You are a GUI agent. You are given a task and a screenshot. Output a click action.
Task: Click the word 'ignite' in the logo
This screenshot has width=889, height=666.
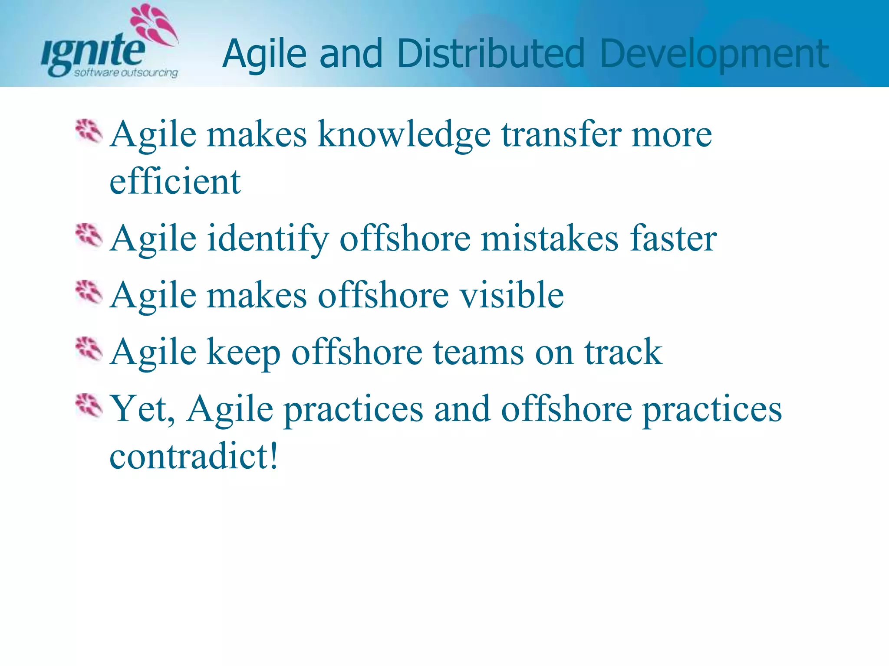[x=93, y=54]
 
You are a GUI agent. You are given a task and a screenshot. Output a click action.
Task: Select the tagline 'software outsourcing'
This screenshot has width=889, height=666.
[x=126, y=72]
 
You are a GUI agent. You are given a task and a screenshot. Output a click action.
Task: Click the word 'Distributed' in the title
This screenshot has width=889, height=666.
[x=491, y=54]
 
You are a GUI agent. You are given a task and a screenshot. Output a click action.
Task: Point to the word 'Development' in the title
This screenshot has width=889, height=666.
[x=714, y=55]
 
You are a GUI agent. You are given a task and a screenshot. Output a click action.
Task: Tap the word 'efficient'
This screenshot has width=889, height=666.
[x=175, y=181]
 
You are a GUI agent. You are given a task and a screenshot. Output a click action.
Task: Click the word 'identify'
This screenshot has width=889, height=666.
[x=267, y=239]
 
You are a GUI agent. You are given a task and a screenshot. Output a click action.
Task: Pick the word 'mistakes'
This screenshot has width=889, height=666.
[x=550, y=238]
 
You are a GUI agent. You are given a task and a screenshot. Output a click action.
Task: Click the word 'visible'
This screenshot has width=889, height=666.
[x=512, y=295]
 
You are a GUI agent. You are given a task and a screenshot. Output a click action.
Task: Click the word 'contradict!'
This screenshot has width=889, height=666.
[x=194, y=456]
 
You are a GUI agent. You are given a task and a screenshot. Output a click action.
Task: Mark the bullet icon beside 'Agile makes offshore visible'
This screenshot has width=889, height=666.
[x=89, y=293]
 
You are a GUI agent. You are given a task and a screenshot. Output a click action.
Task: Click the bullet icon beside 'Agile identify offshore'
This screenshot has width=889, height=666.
[x=89, y=236]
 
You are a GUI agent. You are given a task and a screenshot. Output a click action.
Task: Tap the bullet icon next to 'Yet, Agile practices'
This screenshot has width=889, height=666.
[x=89, y=407]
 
